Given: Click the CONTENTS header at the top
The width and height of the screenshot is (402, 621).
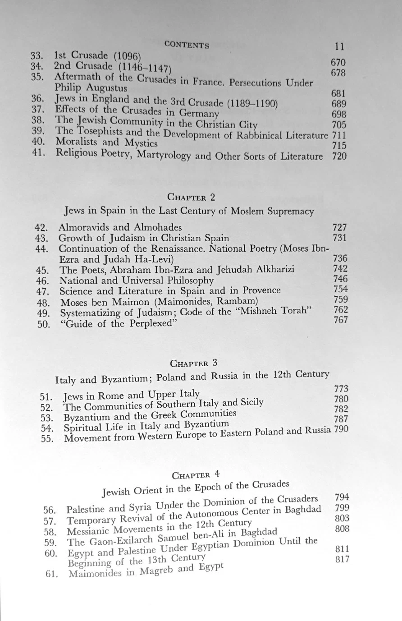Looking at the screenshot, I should pos(187,45).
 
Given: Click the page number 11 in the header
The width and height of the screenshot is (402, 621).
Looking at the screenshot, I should pos(340,46).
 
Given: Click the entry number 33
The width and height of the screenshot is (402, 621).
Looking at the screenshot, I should pos(37,56).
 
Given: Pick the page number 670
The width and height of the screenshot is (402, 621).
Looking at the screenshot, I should pos(338,63).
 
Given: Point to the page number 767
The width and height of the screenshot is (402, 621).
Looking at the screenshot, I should pos(341,320).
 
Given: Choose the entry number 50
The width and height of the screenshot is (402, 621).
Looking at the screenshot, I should pos(44,323).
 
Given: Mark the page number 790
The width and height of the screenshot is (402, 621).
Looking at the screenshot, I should pos(341,429).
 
